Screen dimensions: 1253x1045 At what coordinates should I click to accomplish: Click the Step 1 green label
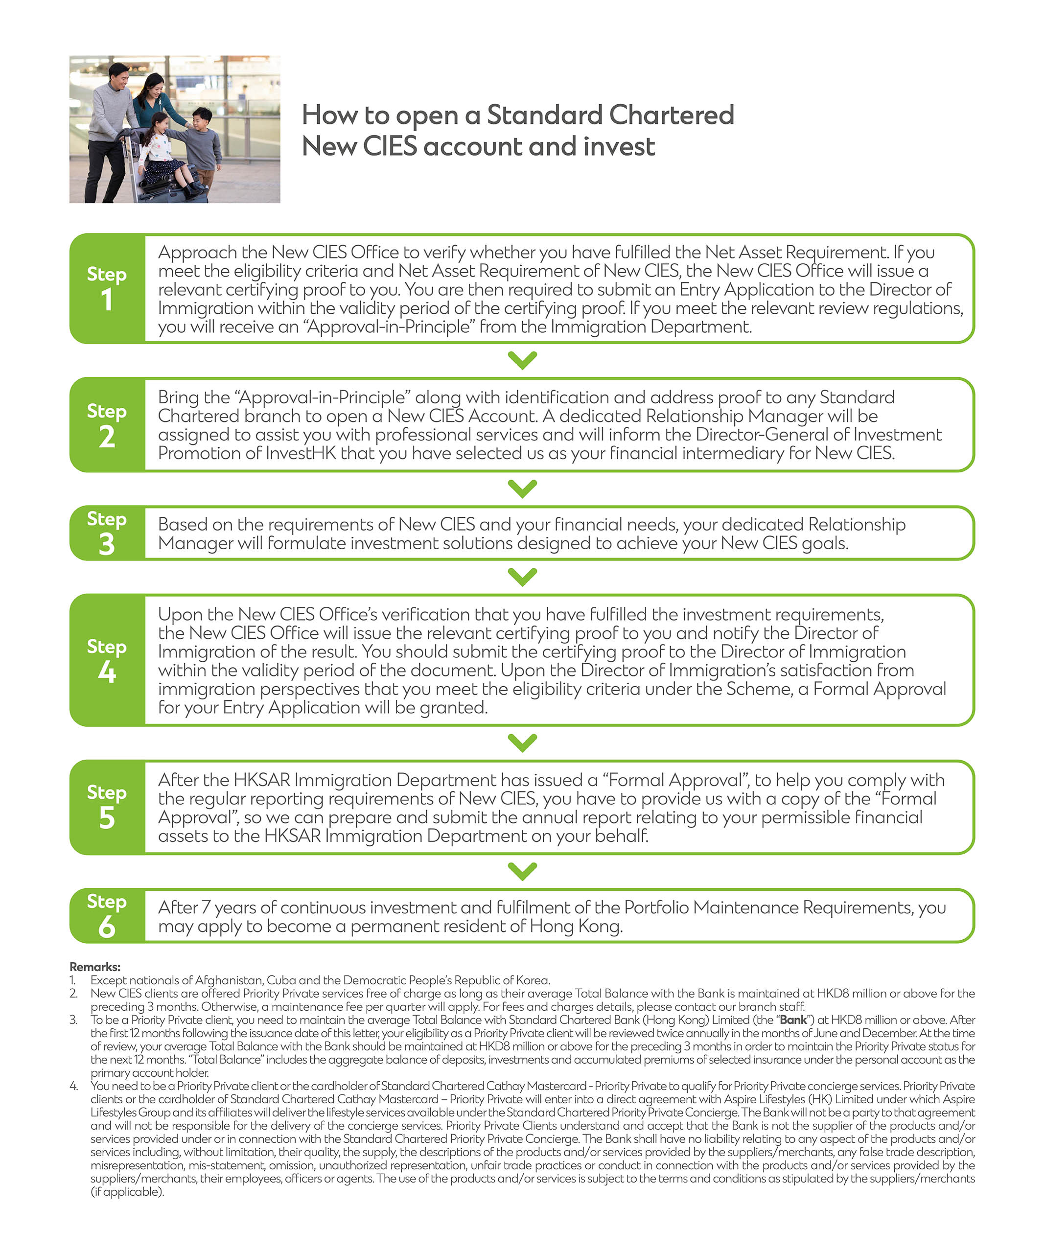click(107, 288)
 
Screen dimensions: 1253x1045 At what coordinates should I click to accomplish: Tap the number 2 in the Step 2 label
click(107, 437)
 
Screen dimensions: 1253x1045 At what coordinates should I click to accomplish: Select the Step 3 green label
click(107, 533)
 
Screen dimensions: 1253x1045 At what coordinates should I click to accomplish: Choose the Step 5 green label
click(107, 807)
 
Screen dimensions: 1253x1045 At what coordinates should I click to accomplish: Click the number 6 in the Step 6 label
click(107, 927)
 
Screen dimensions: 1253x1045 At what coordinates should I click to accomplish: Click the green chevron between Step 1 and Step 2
click(522, 360)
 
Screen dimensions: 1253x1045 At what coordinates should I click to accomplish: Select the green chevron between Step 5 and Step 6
click(522, 871)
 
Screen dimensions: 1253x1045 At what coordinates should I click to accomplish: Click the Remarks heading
click(95, 967)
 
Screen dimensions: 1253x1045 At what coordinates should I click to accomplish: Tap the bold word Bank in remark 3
click(793, 1020)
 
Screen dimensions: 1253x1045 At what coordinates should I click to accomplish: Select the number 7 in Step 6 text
click(206, 907)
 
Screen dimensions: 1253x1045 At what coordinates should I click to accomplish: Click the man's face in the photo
click(118, 76)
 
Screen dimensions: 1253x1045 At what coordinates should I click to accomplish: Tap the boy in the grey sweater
click(203, 143)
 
